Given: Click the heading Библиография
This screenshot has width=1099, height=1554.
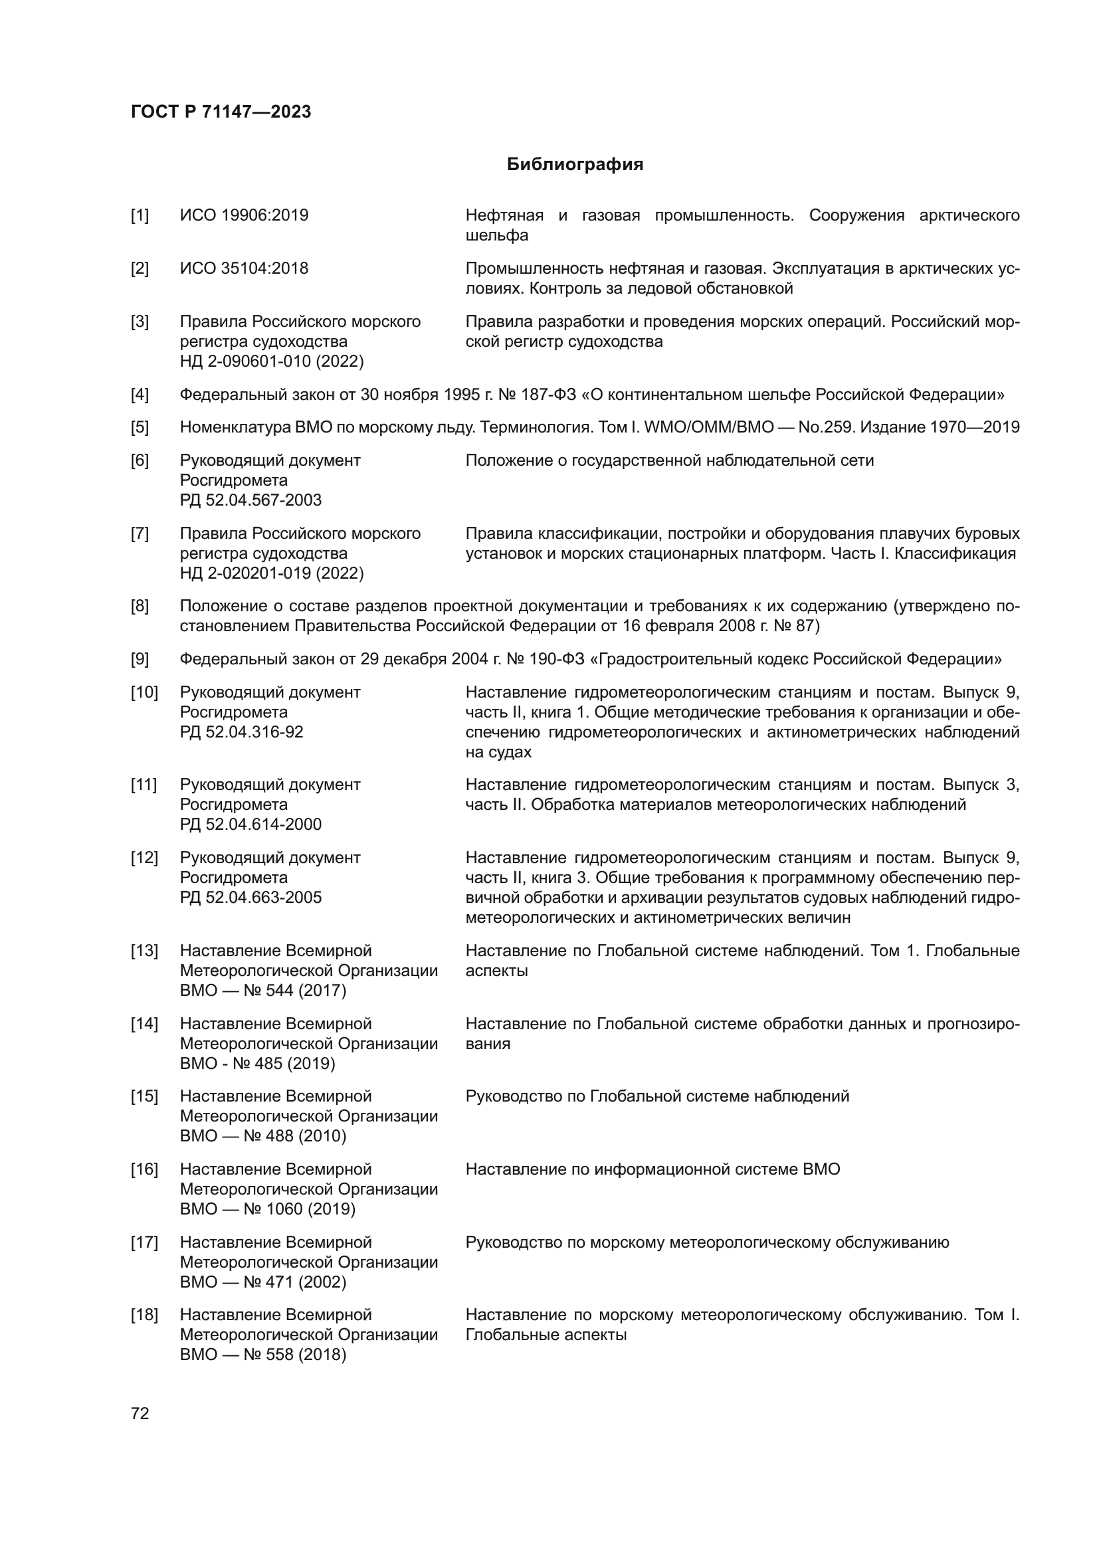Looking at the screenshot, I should pos(575,165).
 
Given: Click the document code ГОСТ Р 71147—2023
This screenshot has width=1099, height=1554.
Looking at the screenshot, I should pos(221,112).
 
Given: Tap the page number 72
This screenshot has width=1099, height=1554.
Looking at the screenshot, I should pos(140,1413).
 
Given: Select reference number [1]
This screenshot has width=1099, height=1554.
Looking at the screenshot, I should pos(140,215).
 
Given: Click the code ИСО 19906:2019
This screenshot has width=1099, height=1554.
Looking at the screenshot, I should pos(244,215).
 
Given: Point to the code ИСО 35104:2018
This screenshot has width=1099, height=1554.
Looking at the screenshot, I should pos(244,268).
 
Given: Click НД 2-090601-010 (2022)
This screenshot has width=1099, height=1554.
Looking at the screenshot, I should pos(271,361).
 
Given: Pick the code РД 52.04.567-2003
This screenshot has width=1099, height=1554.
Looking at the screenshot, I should pos(250,500).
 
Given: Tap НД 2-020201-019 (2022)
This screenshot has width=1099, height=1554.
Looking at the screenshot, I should pos(271,573).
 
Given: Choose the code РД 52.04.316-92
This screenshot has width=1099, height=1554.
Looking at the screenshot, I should pos(242,732).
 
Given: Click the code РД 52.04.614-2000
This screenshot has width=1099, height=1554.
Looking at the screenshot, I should pos(250,825).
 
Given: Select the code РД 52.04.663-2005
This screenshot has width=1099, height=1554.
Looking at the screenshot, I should pos(250,898).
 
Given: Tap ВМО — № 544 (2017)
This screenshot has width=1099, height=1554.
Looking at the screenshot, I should pos(262,991).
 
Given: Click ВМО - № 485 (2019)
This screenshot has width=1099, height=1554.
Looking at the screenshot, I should pos(257,1064).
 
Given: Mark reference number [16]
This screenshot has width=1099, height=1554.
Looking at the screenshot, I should pos(144,1169).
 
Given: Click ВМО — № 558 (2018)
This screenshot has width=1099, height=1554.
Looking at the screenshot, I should pos(262,1355).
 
